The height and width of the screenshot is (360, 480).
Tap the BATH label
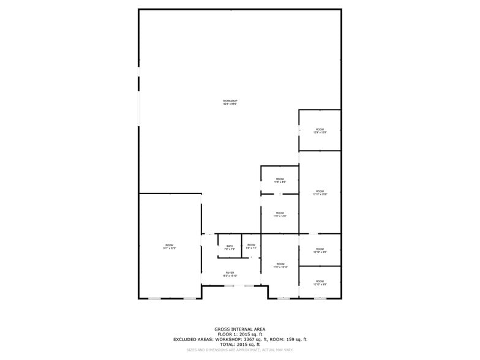(x=229, y=247)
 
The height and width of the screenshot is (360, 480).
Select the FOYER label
(x=230, y=274)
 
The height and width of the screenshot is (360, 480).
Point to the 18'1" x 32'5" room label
(x=169, y=247)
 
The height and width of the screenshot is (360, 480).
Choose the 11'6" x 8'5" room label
(x=279, y=181)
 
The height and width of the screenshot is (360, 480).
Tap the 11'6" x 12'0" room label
(x=279, y=214)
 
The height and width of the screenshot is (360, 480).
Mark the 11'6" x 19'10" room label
(x=280, y=265)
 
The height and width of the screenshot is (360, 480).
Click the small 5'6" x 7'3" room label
(x=251, y=246)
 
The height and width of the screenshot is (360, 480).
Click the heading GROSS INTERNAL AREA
(x=239, y=329)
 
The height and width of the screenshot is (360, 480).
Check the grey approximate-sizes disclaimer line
(x=239, y=350)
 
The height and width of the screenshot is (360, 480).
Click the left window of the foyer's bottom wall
(x=230, y=286)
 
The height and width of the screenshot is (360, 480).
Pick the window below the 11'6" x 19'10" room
(x=283, y=299)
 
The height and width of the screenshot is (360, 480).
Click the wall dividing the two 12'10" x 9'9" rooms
(x=320, y=266)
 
